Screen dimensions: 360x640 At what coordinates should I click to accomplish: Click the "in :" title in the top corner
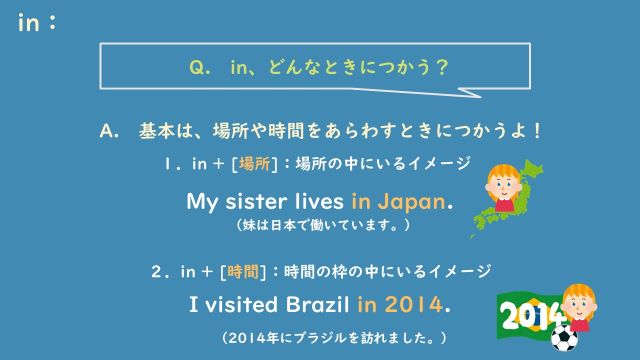point(36,23)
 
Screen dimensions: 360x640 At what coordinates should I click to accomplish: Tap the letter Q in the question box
point(197,68)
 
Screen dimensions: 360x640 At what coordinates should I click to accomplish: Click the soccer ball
point(565,340)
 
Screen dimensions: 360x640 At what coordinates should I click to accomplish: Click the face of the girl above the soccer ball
point(575,300)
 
